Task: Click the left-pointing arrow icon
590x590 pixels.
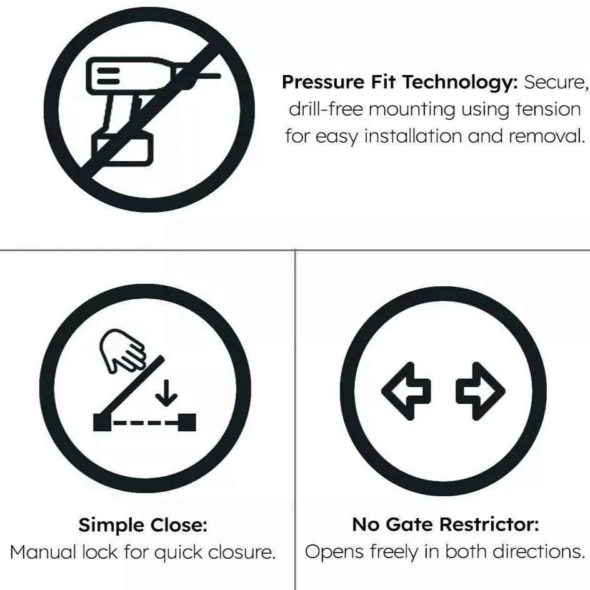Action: coord(406,391)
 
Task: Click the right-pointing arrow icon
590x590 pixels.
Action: coord(481,391)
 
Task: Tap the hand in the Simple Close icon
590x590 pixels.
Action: coord(122,350)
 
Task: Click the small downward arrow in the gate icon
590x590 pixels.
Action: coord(166,393)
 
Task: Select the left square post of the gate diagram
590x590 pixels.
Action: coord(102,422)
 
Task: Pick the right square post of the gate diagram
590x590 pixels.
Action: coord(187,422)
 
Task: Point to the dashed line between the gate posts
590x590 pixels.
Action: coord(145,422)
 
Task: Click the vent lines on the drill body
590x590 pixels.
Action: coord(108,75)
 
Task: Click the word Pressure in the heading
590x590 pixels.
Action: coord(323,82)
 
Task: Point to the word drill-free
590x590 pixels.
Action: coord(326,109)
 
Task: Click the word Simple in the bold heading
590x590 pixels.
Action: coord(111,525)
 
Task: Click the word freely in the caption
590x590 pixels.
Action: coord(394,552)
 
